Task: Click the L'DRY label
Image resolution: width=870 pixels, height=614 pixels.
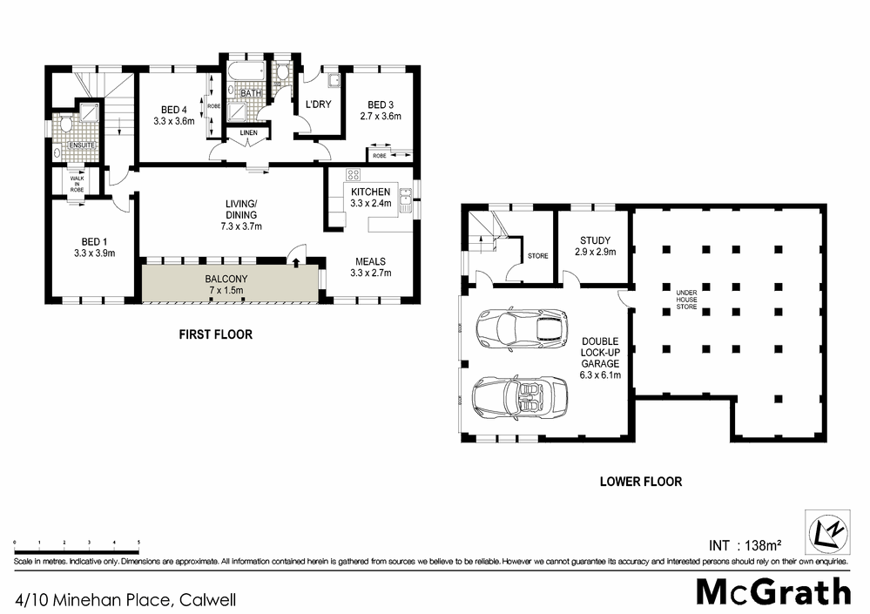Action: point(314,105)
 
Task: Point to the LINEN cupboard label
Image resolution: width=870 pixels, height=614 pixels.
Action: point(247,132)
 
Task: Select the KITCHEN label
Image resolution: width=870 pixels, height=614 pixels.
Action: point(370,192)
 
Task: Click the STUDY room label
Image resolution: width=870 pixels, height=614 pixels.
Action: point(595,240)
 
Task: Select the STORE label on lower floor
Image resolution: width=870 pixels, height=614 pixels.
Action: point(537,256)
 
